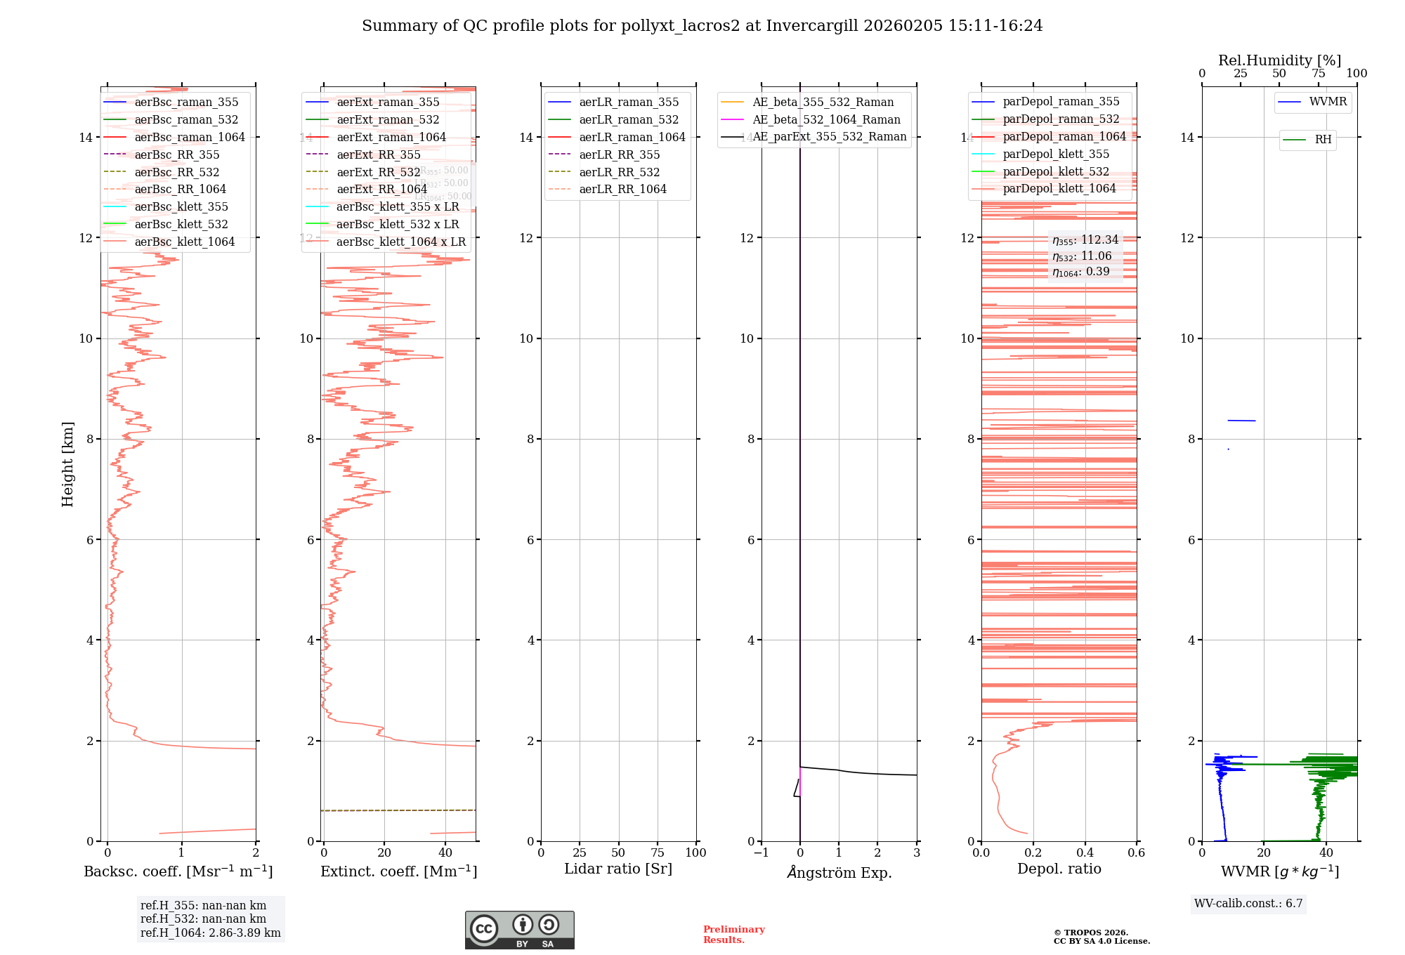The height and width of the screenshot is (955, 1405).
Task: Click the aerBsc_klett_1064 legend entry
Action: [185, 242]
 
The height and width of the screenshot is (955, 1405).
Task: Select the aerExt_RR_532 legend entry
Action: [378, 173]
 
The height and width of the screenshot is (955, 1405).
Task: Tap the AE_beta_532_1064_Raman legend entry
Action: [826, 120]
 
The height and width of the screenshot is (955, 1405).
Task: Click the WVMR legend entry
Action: [1328, 103]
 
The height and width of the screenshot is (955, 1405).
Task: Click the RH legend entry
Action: [1323, 140]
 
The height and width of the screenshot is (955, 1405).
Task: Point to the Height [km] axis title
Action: [67, 464]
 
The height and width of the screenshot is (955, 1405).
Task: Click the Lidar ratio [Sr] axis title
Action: [618, 869]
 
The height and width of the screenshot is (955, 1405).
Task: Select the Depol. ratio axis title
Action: [1059, 869]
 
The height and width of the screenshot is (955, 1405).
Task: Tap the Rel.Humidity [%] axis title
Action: [1279, 60]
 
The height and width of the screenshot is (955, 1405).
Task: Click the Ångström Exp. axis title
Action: [839, 873]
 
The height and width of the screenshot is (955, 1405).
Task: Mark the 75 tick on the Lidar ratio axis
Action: [658, 853]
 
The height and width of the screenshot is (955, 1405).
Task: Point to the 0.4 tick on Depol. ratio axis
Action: [1085, 853]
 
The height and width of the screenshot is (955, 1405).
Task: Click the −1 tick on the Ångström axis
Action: [761, 853]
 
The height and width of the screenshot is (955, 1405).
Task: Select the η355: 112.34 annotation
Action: [1085, 240]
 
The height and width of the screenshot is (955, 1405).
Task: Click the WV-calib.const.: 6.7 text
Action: [1248, 904]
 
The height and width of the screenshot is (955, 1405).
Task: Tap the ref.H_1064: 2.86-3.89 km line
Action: [210, 933]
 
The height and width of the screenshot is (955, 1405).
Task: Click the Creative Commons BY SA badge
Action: [519, 930]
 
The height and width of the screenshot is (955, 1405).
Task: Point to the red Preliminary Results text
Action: [733, 935]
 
